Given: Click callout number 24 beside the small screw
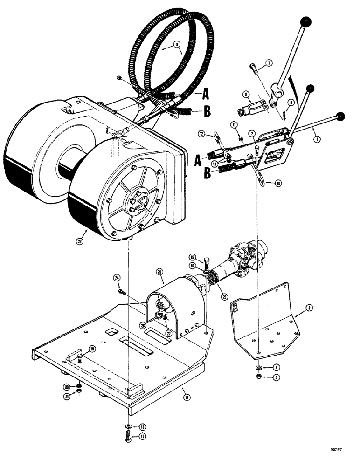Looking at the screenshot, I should (x=117, y=278).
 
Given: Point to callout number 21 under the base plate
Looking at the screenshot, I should (x=67, y=396).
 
